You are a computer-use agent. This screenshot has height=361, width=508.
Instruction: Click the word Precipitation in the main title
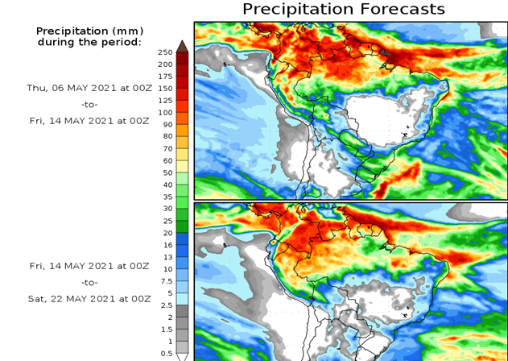click(x=297, y=9)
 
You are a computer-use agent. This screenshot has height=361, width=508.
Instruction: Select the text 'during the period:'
click(x=89, y=42)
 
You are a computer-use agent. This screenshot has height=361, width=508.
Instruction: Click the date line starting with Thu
click(x=88, y=88)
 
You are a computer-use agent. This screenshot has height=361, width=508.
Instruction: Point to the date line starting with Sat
click(x=89, y=298)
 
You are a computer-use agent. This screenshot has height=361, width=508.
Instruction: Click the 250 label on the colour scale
click(x=165, y=52)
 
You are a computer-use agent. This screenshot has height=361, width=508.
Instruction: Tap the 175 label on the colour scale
click(x=165, y=77)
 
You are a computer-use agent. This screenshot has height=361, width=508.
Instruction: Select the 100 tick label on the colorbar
click(x=165, y=113)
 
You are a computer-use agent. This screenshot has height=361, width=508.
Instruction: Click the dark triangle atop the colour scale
click(x=183, y=45)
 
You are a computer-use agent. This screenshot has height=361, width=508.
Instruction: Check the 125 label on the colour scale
click(x=165, y=101)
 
